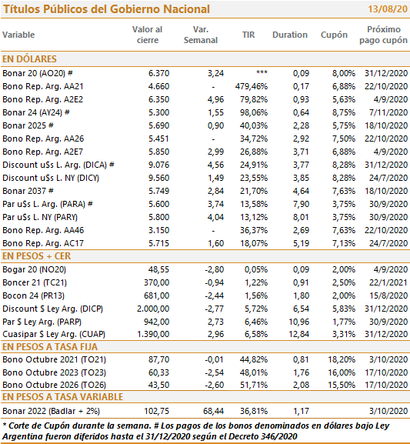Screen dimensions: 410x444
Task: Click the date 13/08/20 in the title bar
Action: point(388,9)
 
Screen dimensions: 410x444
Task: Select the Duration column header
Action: point(290,35)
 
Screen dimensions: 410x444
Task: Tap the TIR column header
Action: point(248,35)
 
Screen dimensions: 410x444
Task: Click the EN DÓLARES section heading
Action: point(29,59)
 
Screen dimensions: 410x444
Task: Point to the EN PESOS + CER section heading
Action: point(36,256)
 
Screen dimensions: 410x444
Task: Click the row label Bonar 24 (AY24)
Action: point(32,112)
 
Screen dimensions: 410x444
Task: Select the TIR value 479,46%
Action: point(252,86)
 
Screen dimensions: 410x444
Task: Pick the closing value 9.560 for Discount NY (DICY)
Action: point(159,178)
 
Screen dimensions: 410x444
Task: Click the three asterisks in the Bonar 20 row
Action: point(262,72)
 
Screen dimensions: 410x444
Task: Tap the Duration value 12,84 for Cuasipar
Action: point(298,335)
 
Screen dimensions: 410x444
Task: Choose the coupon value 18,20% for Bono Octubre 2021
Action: point(342,359)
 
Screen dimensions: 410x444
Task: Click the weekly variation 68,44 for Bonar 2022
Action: point(214,411)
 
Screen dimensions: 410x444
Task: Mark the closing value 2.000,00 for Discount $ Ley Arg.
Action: point(153,309)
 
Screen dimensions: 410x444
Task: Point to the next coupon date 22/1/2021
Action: point(388,282)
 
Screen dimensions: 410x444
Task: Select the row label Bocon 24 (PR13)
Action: point(33,295)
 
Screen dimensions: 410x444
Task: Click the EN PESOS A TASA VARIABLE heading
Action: point(62,397)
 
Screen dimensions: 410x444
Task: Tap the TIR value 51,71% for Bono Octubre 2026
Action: point(254,385)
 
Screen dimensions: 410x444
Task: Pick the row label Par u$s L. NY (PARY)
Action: point(40,217)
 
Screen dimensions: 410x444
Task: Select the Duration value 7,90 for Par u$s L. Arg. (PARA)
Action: point(301,204)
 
